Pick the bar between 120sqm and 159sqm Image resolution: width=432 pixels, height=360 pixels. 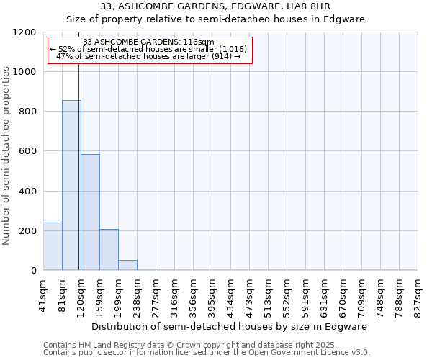[90, 212]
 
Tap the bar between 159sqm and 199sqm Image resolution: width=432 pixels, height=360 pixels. [109, 249]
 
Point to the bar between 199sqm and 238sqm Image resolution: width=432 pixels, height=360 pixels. [127, 265]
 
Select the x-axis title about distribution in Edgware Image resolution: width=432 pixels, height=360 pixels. [229, 326]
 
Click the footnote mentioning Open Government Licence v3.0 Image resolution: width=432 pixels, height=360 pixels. [206, 353]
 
